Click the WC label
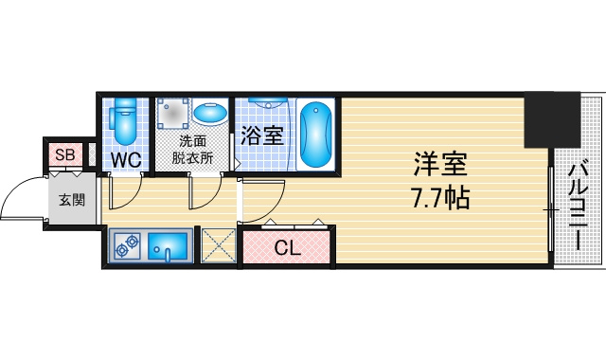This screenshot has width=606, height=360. (x=126, y=160)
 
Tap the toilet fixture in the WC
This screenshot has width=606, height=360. (x=124, y=119)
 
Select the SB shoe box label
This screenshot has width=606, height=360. (x=65, y=154)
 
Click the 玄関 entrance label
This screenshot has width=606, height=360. (x=72, y=200)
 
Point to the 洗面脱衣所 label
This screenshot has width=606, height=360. (x=192, y=150)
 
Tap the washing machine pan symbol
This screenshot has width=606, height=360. (x=172, y=114)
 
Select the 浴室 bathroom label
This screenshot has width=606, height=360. (x=262, y=135)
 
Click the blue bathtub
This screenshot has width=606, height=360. (x=315, y=135)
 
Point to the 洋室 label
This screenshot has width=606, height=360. (x=440, y=164)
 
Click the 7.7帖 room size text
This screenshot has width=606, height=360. (x=440, y=198)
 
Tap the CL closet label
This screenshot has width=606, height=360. (x=287, y=248)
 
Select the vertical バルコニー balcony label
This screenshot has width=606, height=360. (x=579, y=207)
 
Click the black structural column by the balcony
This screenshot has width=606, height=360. (x=552, y=119)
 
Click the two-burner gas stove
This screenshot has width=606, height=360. (x=127, y=246)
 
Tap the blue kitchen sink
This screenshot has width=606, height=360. (x=167, y=246)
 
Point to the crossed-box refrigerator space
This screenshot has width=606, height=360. (x=219, y=245)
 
